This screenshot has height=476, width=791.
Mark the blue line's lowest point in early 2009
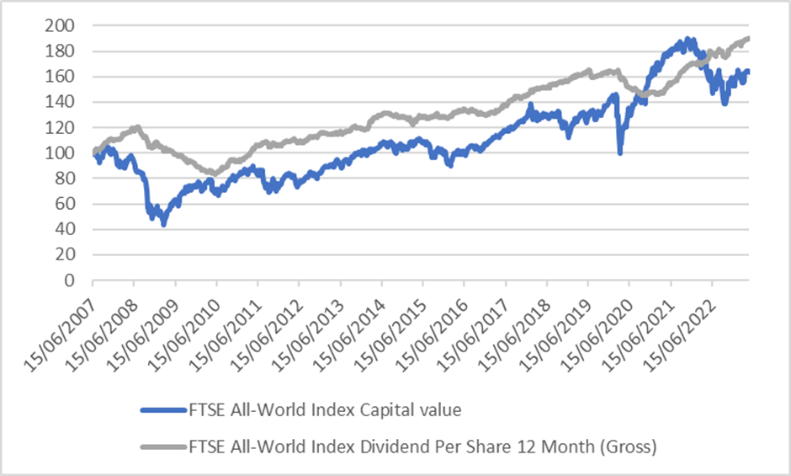(x=164, y=224)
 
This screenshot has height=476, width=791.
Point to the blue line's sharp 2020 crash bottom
(x=620, y=152)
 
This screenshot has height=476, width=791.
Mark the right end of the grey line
(x=749, y=39)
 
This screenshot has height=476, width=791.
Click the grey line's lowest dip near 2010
(x=216, y=173)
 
